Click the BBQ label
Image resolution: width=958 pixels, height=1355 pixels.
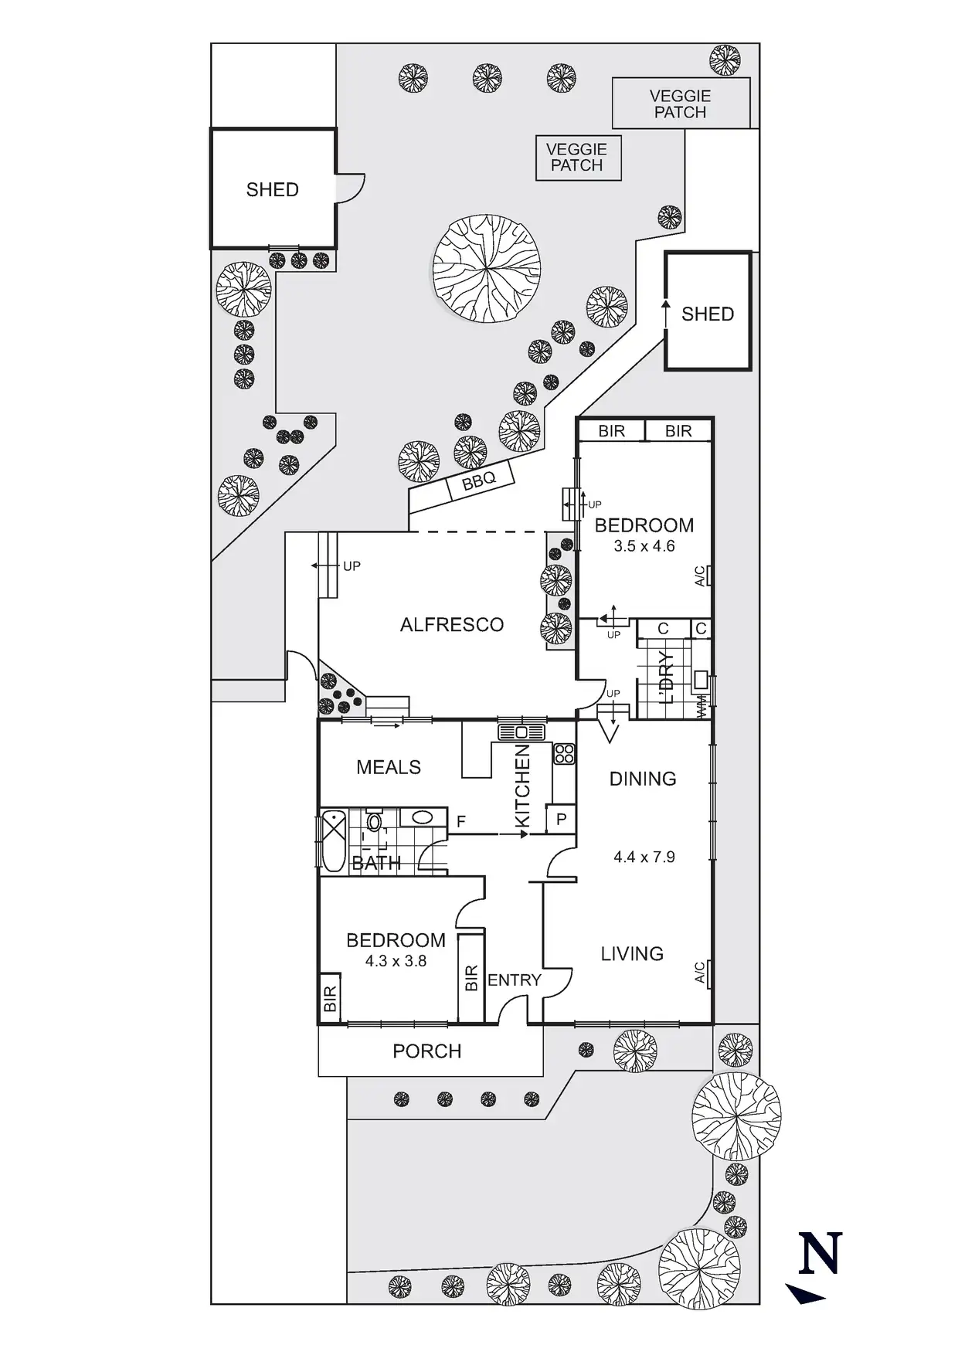[x=478, y=482]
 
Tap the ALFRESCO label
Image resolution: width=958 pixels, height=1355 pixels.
[x=452, y=624]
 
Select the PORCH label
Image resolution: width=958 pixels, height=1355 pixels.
[x=426, y=1051]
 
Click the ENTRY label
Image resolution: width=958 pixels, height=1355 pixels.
[x=515, y=980]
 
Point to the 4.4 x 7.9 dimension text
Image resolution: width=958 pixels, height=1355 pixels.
[x=644, y=856]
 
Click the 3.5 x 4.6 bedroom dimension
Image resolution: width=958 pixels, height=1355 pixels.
[x=644, y=546]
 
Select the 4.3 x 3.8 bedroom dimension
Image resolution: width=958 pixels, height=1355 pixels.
[x=396, y=961]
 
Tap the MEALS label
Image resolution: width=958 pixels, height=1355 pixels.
[x=389, y=767]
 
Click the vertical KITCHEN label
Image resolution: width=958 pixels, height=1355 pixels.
[x=522, y=786]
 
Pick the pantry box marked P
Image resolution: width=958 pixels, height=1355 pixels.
[x=562, y=820]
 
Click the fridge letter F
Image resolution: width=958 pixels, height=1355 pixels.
[x=461, y=822]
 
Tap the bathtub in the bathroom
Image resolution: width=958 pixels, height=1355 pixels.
[x=333, y=841]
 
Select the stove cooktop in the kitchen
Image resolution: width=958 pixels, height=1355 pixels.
[x=563, y=753]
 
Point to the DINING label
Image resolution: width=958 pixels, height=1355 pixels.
[x=643, y=779]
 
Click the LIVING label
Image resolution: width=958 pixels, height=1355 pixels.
[x=632, y=954]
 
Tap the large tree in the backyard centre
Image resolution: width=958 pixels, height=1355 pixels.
[x=486, y=268]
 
